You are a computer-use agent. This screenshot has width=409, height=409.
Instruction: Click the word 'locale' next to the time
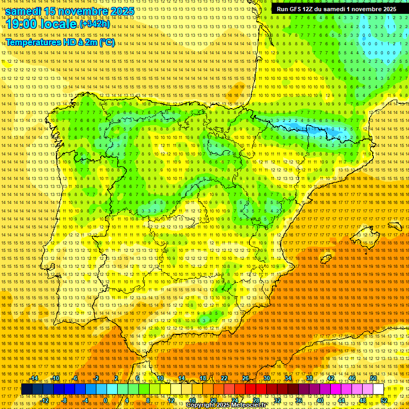[60, 24]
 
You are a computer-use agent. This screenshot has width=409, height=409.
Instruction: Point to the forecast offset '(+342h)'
[95, 24]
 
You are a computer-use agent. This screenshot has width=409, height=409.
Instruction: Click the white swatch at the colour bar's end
[379, 389]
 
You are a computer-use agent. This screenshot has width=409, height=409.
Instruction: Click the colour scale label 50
[373, 378]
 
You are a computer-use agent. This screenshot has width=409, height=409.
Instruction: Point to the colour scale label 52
[383, 400]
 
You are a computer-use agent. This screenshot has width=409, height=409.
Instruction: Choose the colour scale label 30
[267, 378]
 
